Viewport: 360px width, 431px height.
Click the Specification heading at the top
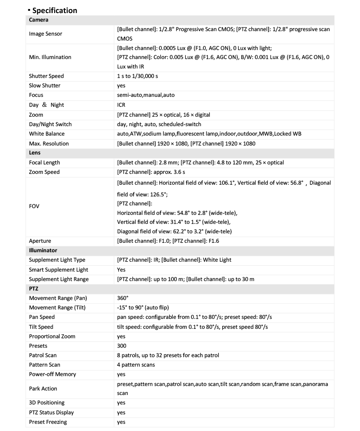(x=54, y=10)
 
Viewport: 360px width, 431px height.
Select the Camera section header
(x=39, y=20)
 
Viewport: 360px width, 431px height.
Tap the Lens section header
(x=35, y=153)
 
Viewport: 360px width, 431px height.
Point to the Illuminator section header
(x=43, y=250)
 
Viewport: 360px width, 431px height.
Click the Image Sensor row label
(x=45, y=34)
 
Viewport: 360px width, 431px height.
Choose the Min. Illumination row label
(x=50, y=57)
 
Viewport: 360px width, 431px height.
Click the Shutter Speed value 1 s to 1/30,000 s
(x=137, y=76)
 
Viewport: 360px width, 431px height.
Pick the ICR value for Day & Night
(x=121, y=105)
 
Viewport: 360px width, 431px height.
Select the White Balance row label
(x=47, y=134)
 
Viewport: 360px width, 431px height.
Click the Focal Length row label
(x=45, y=163)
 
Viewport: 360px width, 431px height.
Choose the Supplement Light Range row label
(x=59, y=279)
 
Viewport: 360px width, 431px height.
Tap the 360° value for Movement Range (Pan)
(x=123, y=298)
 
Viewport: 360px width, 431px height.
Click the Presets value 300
(x=121, y=346)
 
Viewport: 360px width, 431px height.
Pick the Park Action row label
(x=43, y=389)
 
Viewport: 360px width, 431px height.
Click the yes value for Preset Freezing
(x=121, y=422)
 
